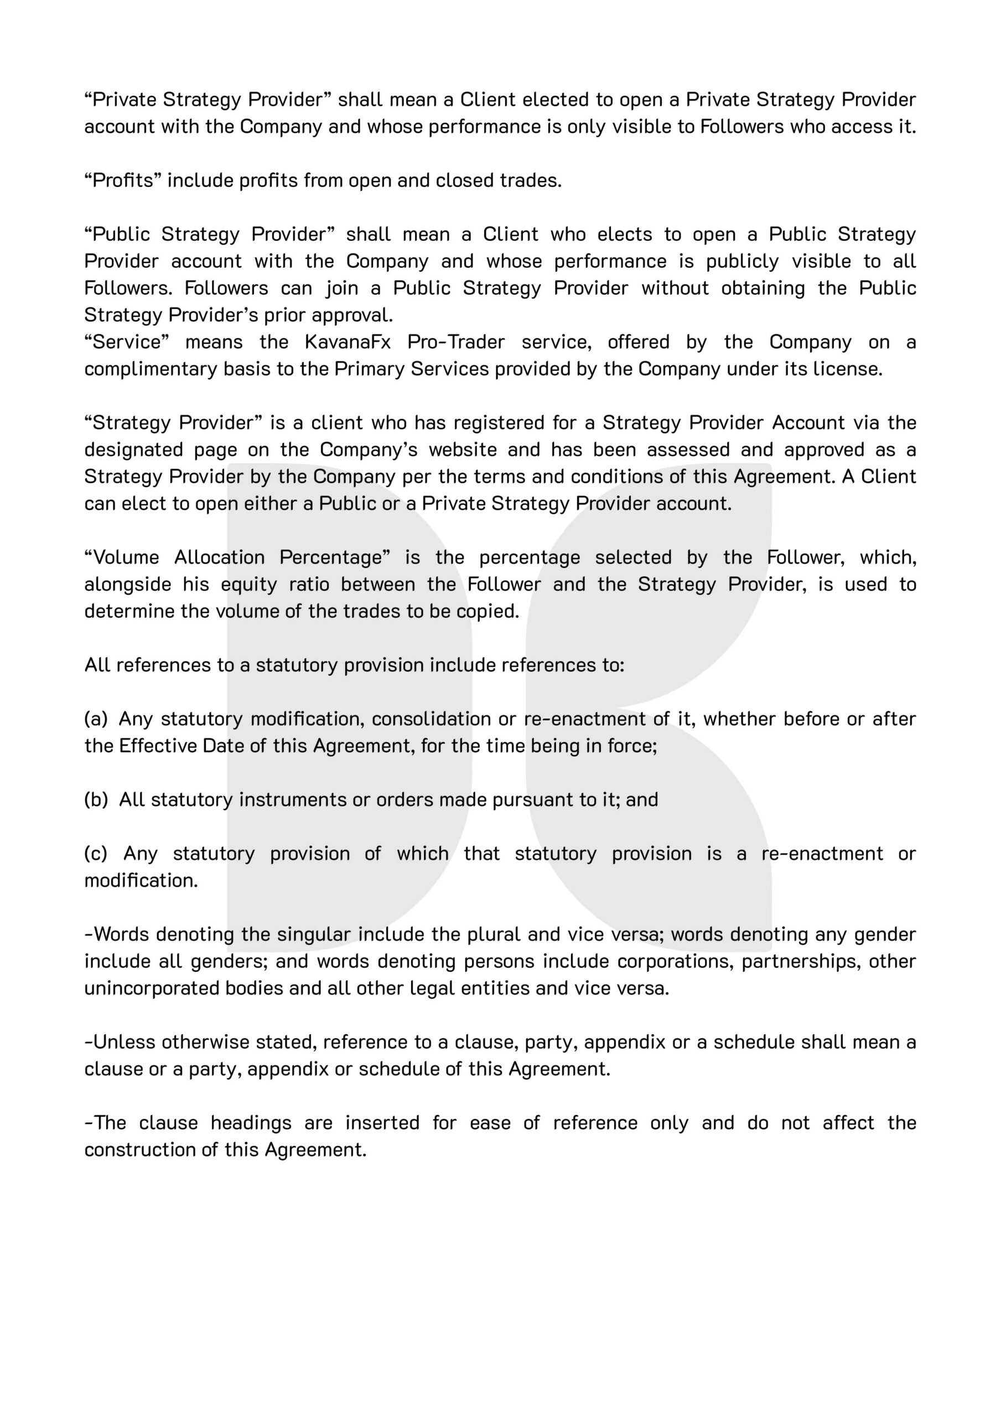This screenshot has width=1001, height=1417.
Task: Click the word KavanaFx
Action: coord(348,342)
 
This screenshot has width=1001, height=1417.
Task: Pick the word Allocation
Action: coord(219,557)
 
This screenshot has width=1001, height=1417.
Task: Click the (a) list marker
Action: coord(96,719)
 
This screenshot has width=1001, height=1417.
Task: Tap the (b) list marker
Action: coord(96,800)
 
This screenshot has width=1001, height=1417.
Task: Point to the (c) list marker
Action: coord(96,854)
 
